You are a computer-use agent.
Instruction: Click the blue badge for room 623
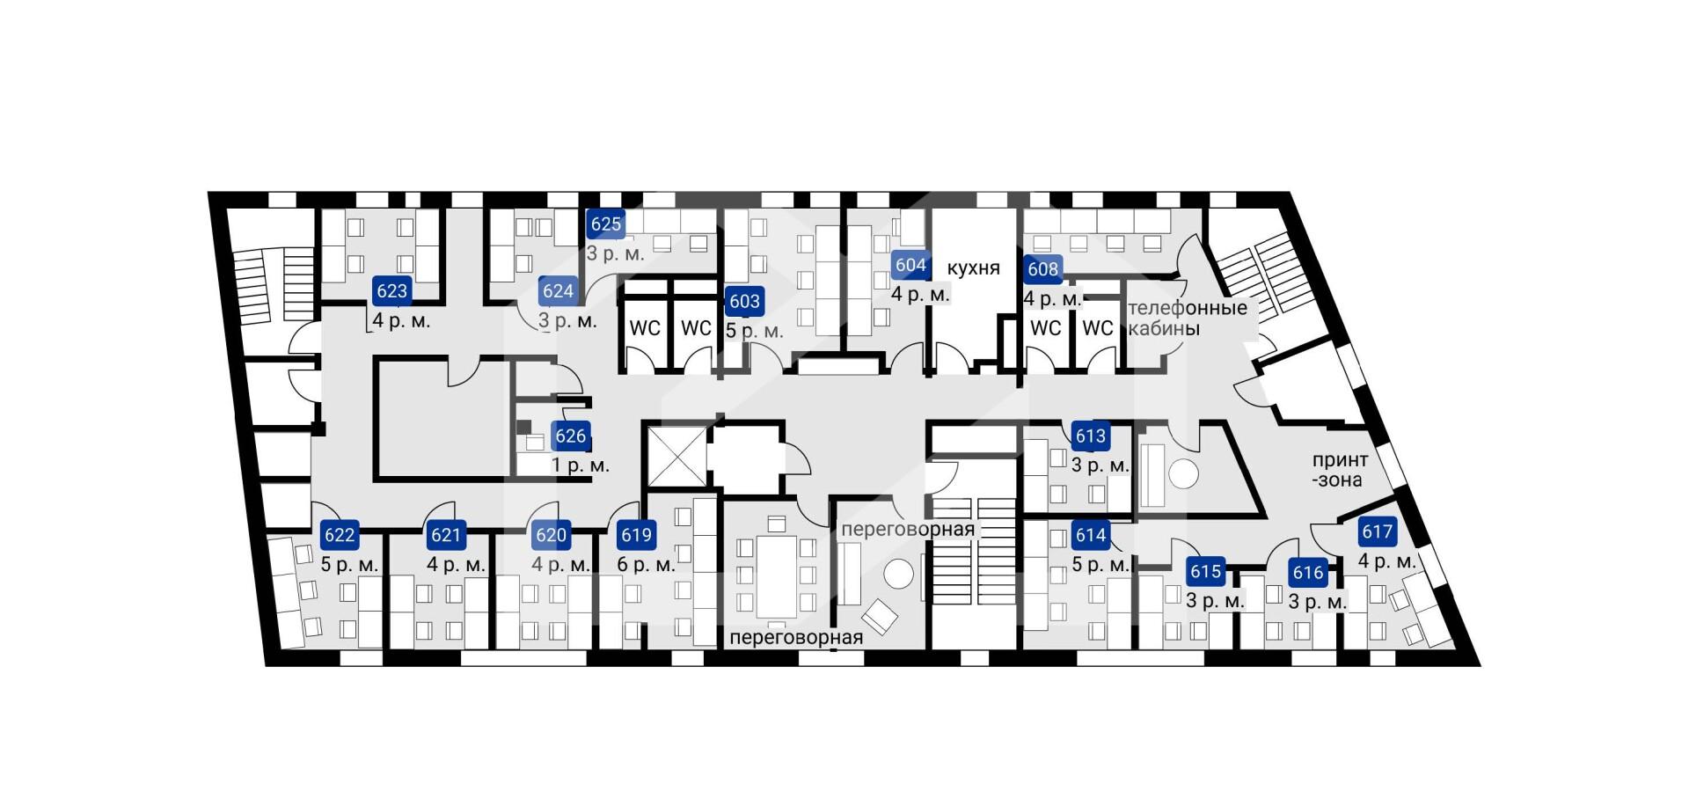coord(391,290)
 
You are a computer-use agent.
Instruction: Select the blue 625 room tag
coord(605,223)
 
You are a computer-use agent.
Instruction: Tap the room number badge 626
coord(570,436)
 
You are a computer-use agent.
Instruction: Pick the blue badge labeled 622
coord(340,535)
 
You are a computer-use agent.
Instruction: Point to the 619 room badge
coord(636,535)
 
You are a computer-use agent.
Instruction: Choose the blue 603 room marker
coord(744,301)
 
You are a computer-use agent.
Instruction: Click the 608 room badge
coord(1042,268)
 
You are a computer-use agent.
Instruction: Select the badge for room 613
coord(1090,436)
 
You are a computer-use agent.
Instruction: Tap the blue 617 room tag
coord(1377,531)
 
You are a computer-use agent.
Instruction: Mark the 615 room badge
coord(1205,572)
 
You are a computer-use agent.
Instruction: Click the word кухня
coord(974,268)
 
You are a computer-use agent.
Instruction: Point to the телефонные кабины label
coord(1188,319)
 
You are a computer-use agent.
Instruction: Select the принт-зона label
coord(1339,470)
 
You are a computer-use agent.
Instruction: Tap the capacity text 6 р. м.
coord(646,565)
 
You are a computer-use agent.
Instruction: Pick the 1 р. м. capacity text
coord(581,465)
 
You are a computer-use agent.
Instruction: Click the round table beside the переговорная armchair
coord(899,574)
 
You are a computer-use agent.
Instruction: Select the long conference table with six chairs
coord(776,576)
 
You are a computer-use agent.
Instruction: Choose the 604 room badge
coord(910,265)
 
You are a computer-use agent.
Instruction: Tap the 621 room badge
coord(446,535)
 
